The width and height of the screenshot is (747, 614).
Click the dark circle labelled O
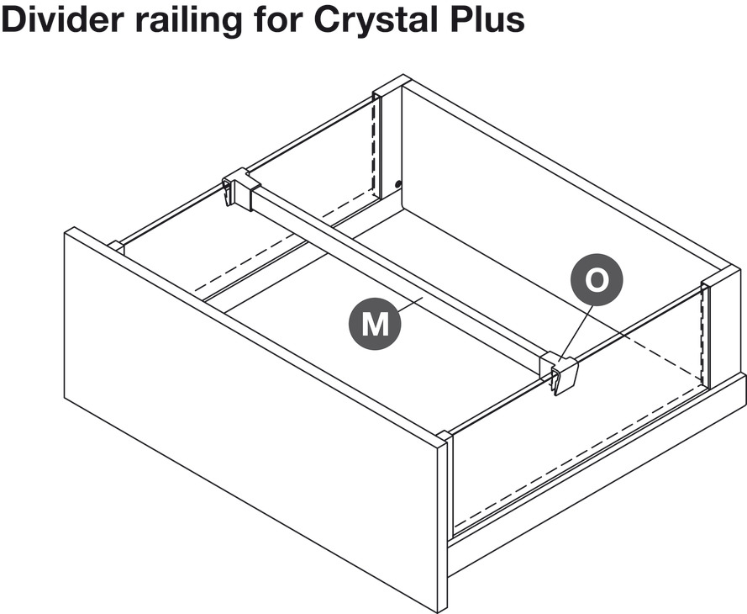[x=597, y=281]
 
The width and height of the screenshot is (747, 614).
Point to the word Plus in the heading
[x=488, y=19]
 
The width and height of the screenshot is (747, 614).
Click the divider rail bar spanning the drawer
[x=395, y=278]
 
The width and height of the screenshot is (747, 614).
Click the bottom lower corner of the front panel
[x=442, y=607]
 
